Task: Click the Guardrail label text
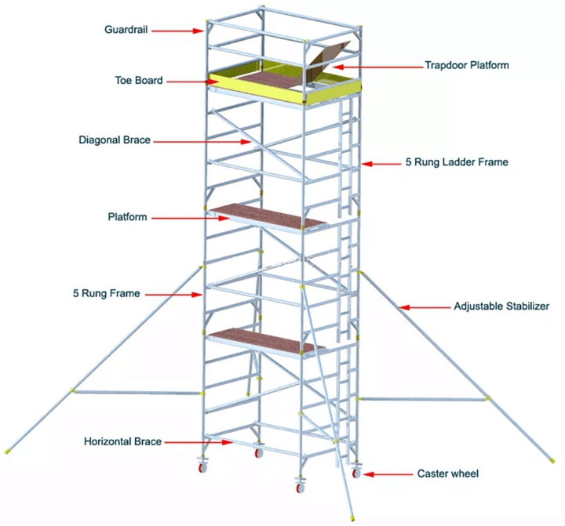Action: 126,30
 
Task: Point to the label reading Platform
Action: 127,216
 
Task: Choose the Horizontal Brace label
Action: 123,442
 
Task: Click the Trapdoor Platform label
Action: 467,66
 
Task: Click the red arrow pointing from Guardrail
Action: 179,31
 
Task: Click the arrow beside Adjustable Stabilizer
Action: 423,306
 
